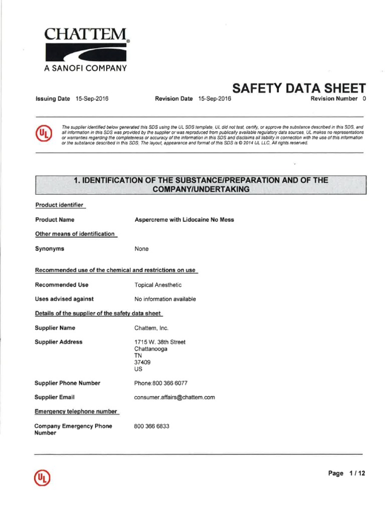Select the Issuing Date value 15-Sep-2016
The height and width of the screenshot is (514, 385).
click(x=92, y=99)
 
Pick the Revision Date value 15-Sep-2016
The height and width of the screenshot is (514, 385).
click(x=215, y=99)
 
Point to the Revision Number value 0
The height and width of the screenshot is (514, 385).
click(x=364, y=99)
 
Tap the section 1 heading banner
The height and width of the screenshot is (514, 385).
click(x=201, y=184)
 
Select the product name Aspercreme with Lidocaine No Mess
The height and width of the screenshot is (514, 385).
click(x=184, y=220)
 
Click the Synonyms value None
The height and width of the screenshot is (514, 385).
click(x=141, y=249)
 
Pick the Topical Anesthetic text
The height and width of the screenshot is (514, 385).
click(x=158, y=285)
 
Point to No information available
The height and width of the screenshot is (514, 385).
click(x=165, y=299)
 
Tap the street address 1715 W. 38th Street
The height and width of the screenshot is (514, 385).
click(x=160, y=342)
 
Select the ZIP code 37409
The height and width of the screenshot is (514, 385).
click(x=142, y=362)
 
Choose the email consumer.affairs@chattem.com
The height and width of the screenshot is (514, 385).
click(x=174, y=397)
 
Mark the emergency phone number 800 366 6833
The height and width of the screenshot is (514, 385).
click(x=152, y=426)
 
